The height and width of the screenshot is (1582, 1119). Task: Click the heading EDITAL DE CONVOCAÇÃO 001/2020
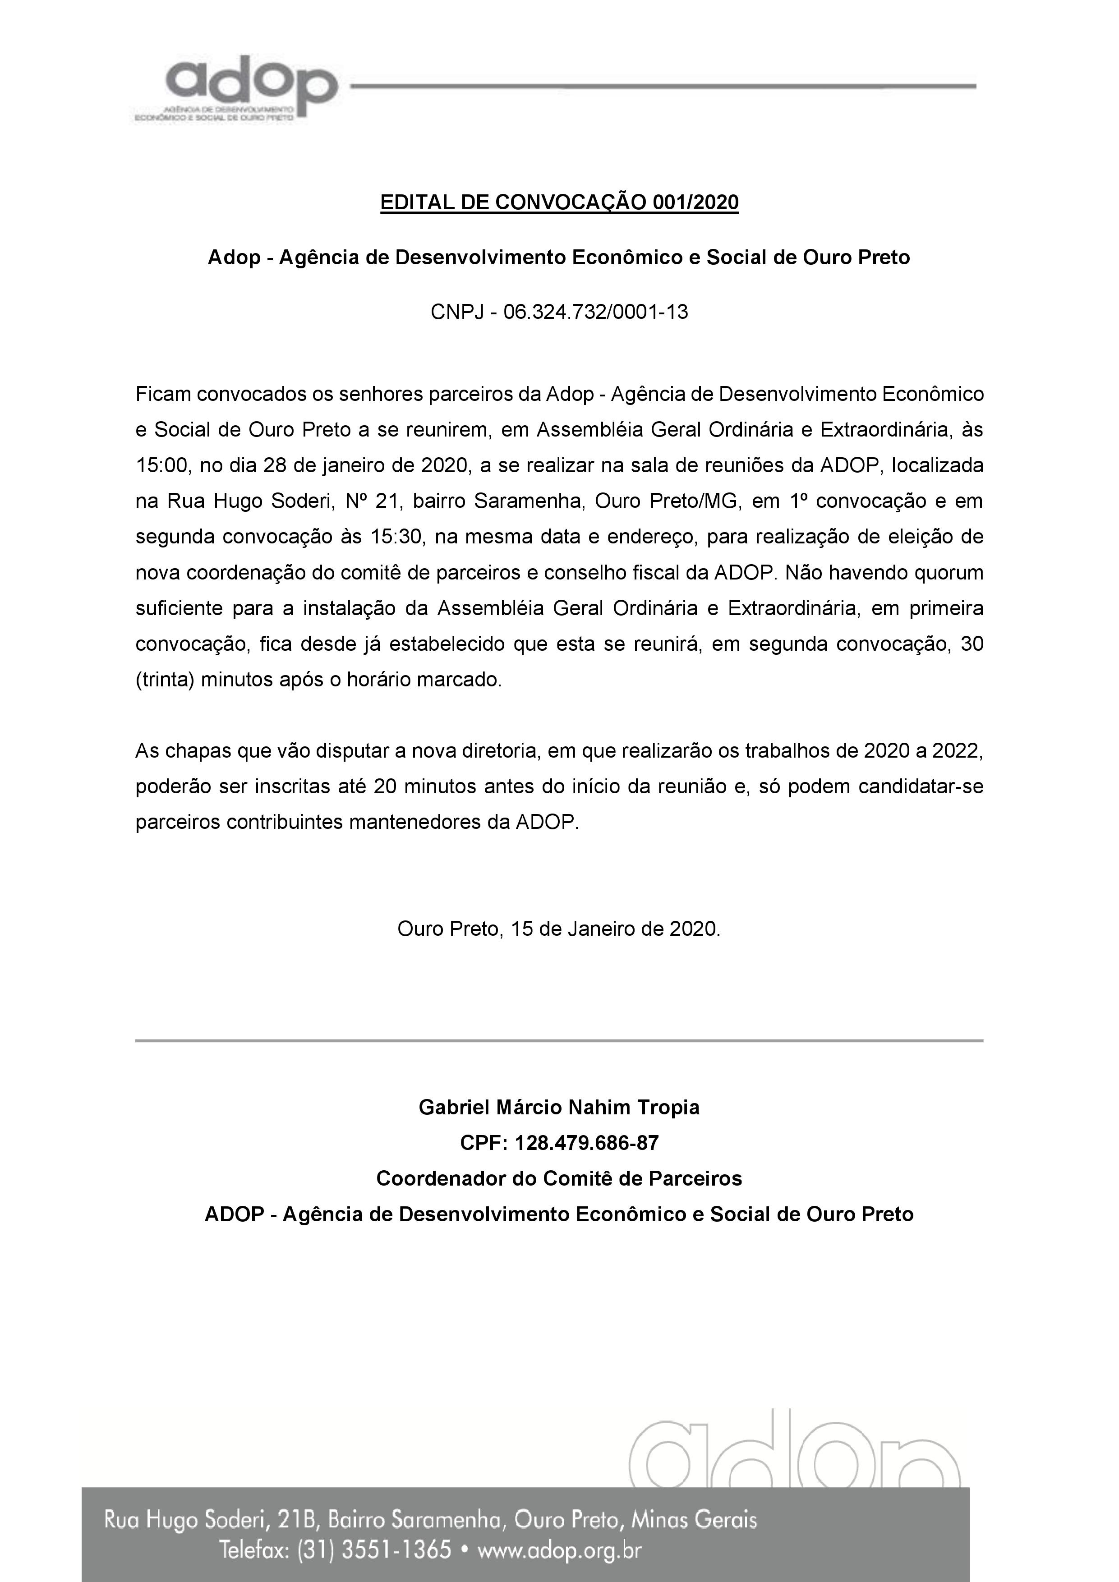pos(559,202)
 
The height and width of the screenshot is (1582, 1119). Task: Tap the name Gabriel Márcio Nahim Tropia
pos(559,1107)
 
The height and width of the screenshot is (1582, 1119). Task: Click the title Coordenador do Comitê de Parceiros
pos(559,1179)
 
